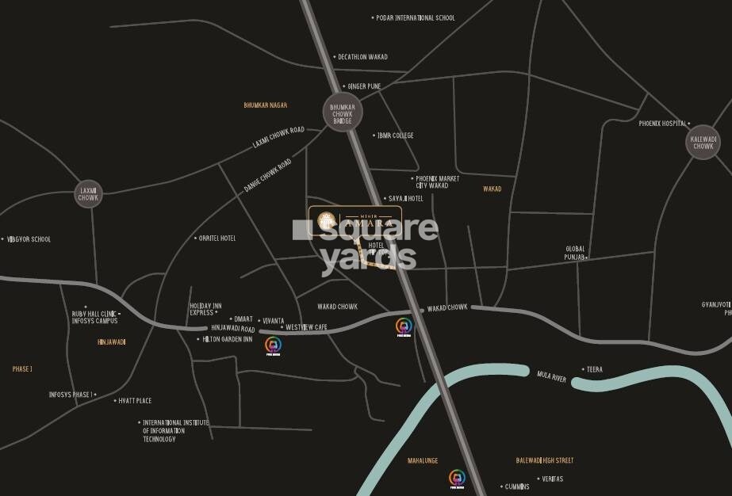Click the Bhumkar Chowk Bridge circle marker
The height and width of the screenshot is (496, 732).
click(343, 113)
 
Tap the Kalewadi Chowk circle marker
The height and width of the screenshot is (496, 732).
click(703, 142)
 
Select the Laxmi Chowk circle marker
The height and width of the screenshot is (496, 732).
click(88, 193)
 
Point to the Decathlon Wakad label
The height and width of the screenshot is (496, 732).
click(362, 57)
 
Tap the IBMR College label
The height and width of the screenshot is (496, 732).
click(396, 135)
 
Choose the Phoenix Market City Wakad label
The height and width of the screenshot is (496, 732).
click(438, 182)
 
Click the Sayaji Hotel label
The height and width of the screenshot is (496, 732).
click(405, 199)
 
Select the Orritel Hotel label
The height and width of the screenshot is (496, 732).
click(218, 238)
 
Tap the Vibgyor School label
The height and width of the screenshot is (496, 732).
click(29, 239)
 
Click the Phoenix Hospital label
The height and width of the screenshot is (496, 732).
click(663, 124)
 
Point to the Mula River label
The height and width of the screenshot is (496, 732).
click(552, 376)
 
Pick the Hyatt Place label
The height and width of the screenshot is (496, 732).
click(135, 401)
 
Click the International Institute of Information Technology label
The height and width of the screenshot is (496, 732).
click(175, 430)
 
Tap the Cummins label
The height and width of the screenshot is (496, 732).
click(515, 486)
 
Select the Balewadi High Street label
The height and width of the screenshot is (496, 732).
click(544, 460)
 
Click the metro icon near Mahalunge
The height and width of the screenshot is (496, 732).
click(457, 479)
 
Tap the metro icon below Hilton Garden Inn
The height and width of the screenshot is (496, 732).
click(272, 345)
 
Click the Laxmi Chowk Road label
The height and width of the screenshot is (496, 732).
click(278, 138)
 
